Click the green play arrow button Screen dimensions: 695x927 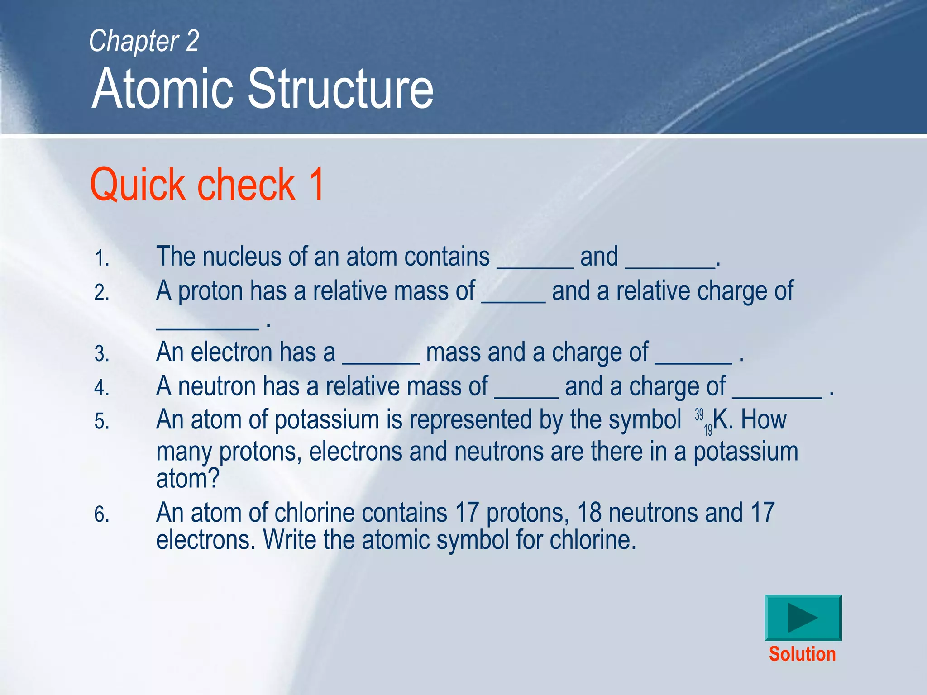click(x=803, y=618)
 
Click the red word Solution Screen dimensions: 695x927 click(x=802, y=654)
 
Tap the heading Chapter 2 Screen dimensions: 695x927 click(x=144, y=41)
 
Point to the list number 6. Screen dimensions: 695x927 click(x=102, y=515)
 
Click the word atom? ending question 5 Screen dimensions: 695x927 click(x=188, y=478)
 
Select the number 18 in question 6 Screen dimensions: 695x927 click(x=589, y=513)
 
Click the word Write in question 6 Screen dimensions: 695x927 click(x=290, y=540)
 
